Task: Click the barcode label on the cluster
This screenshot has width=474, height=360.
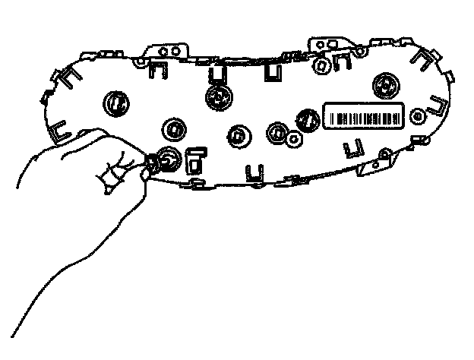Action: [x=363, y=115]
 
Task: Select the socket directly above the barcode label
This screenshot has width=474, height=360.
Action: [x=387, y=84]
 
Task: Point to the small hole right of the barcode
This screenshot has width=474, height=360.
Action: [x=416, y=116]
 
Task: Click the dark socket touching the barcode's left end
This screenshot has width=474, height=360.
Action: [x=308, y=118]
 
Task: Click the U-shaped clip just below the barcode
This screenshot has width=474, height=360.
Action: [x=352, y=147]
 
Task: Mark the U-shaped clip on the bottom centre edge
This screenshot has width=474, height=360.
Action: [x=250, y=173]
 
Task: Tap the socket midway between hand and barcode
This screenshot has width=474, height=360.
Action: [x=239, y=134]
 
